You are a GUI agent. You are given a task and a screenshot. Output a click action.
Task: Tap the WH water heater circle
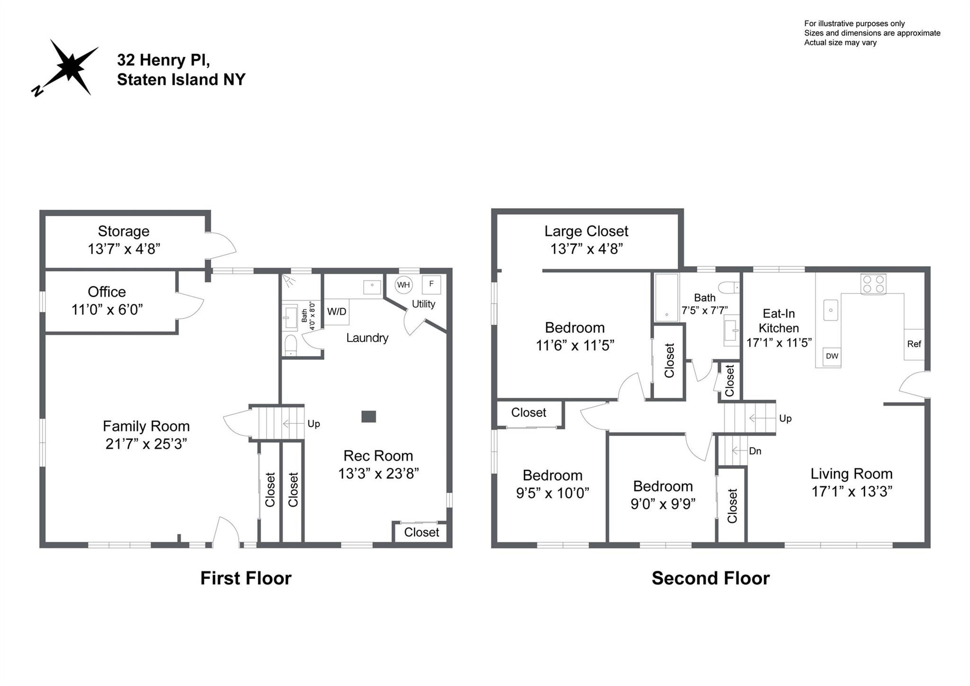[x=403, y=285]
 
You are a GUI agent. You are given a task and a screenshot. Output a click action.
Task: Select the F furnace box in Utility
[x=431, y=284]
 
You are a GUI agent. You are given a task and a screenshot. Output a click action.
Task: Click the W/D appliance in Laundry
[x=337, y=311]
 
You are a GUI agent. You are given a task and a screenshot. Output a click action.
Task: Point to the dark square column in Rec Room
[x=368, y=416]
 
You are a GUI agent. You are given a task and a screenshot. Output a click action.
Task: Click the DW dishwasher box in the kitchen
[x=832, y=357]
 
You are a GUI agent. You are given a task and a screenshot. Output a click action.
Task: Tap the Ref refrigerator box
[x=914, y=344]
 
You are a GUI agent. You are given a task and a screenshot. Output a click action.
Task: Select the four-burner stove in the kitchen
[x=873, y=284]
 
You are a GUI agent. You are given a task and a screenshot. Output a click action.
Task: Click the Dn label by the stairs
[x=755, y=451]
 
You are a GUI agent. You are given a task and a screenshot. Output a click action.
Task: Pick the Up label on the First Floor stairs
[x=314, y=424]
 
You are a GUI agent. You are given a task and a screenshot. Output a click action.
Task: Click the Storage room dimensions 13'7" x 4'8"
[x=124, y=249]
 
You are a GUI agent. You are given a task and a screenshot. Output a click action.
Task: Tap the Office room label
[x=107, y=292]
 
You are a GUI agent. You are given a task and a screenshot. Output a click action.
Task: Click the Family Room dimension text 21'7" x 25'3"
[x=146, y=444]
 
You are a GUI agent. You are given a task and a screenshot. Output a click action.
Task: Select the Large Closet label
[x=586, y=231]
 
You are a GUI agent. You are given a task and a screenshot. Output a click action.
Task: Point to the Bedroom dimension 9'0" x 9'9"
[x=663, y=503]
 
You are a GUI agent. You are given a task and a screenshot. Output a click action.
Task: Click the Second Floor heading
[x=710, y=578]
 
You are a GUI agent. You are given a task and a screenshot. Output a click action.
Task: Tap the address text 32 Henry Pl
[x=163, y=60]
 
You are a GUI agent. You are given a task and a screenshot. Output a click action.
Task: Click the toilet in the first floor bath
[x=290, y=345]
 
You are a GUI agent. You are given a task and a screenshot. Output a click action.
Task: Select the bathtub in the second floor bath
[x=666, y=298]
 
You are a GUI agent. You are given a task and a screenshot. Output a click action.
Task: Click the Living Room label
[x=851, y=474]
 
